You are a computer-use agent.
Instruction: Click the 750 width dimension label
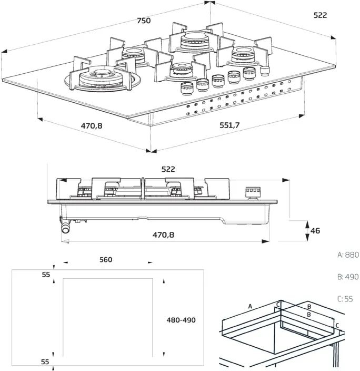[144, 21]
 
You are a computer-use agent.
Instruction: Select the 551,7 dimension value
[229, 125]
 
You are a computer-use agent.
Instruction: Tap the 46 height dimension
[315, 230]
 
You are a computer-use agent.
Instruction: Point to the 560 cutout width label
[106, 260]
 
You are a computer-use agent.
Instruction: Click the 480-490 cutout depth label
[181, 320]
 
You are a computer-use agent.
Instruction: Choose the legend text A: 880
[348, 255]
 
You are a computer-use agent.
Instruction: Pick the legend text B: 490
[348, 277]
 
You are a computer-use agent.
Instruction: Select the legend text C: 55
[345, 299]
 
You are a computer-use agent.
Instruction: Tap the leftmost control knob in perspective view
[187, 89]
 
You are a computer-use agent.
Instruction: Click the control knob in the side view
[253, 193]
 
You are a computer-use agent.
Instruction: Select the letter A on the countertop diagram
[250, 306]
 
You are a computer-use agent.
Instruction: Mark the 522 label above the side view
[168, 169]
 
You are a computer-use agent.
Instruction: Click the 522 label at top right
[321, 15]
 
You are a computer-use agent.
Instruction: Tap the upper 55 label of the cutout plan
[46, 275]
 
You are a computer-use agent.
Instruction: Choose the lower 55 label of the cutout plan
[45, 362]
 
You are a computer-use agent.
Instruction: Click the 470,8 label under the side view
[163, 235]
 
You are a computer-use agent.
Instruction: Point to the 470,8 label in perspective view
[92, 125]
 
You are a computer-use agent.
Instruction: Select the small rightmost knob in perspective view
[265, 71]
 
